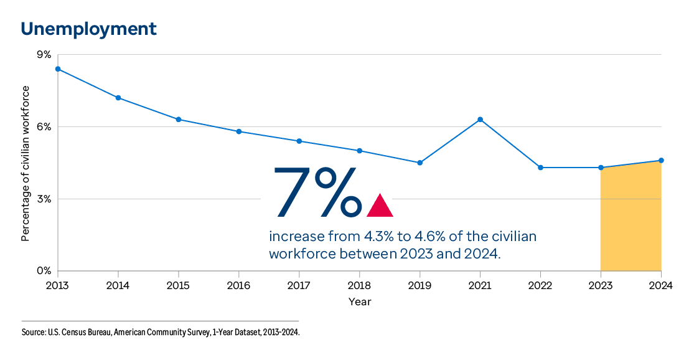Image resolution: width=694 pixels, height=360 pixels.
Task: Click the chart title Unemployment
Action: [x=88, y=29]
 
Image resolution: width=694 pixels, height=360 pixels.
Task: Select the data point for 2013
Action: [x=58, y=69]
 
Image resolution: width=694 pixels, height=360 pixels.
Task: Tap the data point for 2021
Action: [x=481, y=119]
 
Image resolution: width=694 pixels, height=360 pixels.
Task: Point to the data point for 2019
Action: [x=420, y=163]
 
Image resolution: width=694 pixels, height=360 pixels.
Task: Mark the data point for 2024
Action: [x=661, y=161]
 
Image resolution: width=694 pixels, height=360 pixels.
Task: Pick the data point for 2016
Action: [x=239, y=131]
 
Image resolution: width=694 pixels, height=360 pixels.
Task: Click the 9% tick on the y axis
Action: [x=44, y=55]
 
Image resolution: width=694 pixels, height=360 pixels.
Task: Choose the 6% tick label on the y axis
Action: [x=44, y=126]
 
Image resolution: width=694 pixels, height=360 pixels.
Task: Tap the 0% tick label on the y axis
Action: [x=44, y=271]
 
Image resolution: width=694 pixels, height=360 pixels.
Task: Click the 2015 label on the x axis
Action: [x=179, y=285]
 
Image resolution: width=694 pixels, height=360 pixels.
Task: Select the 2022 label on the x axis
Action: [x=540, y=285]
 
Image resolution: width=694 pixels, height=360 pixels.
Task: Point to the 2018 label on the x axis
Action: [x=360, y=285]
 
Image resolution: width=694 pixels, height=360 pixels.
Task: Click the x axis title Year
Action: [x=360, y=302]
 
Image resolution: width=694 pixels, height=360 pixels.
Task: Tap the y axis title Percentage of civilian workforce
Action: [x=26, y=163]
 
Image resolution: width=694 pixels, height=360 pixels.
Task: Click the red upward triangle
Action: [x=380, y=206]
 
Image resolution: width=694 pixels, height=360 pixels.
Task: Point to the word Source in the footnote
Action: [x=34, y=333]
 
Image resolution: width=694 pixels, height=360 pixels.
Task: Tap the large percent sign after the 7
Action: [x=338, y=192]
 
